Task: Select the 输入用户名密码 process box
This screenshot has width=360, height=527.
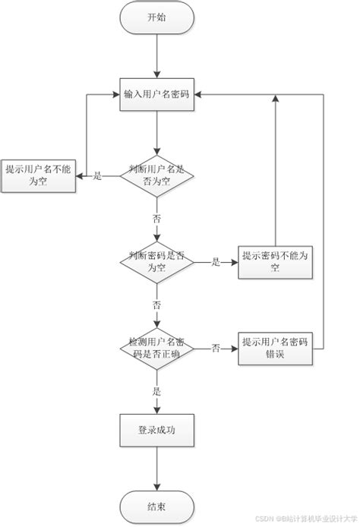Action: (156, 95)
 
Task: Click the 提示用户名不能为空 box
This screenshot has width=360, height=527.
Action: (38, 175)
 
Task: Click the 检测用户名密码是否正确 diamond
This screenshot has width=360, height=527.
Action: (156, 349)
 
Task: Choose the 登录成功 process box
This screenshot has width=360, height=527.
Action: (156, 431)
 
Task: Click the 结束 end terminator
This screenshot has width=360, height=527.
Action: (156, 506)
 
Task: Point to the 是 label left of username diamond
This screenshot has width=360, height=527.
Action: (97, 176)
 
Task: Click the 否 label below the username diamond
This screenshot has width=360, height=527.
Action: (156, 218)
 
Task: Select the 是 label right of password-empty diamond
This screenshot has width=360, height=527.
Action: (215, 263)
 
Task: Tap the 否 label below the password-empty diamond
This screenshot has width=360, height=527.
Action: (156, 305)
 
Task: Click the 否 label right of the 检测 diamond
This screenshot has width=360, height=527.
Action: (216, 349)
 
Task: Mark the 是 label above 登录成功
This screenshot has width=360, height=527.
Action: (156, 392)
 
